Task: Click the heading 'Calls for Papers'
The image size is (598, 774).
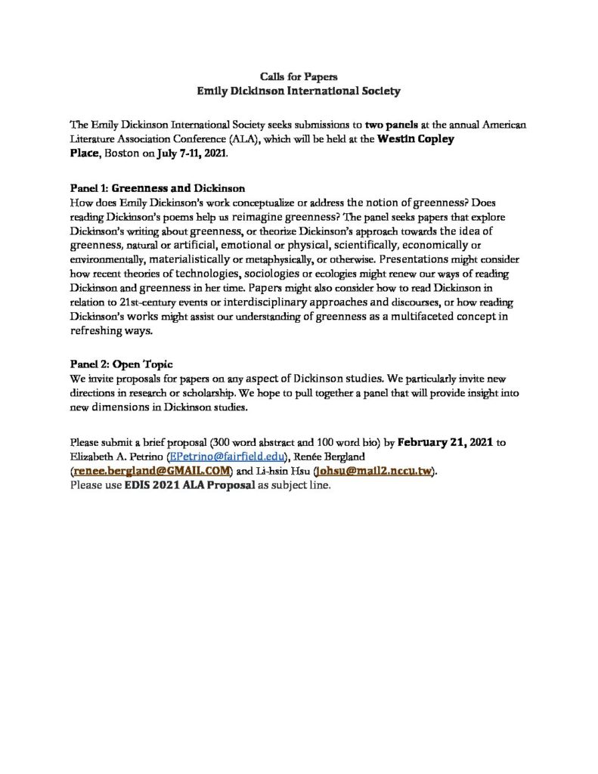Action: tap(299, 76)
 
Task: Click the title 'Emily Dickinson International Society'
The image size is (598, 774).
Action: tap(299, 91)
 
